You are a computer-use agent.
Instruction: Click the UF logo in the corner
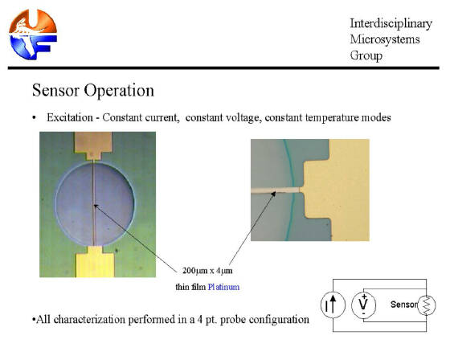point(33,35)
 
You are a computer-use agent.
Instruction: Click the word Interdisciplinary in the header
point(391,23)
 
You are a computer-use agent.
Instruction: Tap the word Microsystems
point(385,39)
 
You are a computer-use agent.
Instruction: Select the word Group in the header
point(366,55)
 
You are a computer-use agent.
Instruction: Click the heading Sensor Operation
point(93,91)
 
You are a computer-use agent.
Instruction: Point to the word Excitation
point(70,117)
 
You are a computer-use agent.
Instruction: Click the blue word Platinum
point(223,287)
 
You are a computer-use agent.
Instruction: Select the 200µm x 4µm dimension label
point(207,271)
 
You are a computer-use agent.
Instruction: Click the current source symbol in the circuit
point(333,305)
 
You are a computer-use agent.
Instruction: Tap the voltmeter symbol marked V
point(363,305)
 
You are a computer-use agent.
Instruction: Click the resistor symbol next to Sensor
point(427,305)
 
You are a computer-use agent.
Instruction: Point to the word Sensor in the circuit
point(403,305)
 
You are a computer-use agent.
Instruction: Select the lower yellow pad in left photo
point(95,262)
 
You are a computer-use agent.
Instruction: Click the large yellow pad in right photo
point(336,190)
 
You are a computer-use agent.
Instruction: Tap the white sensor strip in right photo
point(275,190)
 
